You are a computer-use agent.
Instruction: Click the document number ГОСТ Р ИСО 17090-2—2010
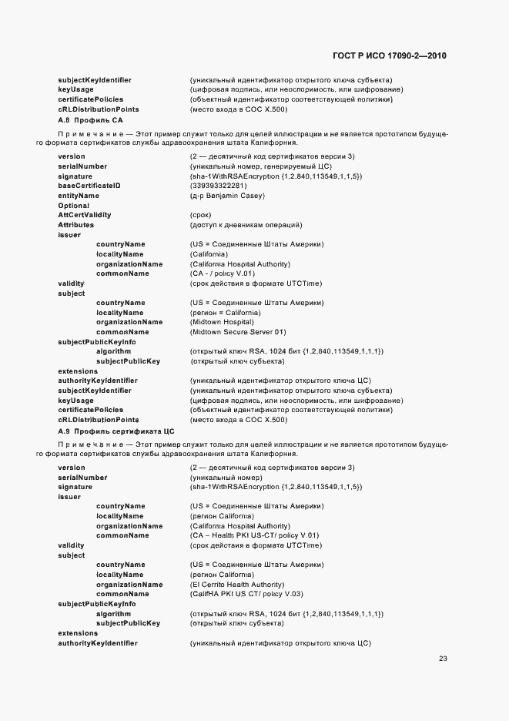tap(389, 56)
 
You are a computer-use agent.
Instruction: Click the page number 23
tap(443, 658)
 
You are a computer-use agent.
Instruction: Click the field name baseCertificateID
tap(89, 186)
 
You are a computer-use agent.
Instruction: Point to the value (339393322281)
tap(218, 186)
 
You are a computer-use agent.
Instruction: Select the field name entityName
tap(79, 196)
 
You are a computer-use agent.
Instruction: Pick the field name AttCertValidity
tap(85, 215)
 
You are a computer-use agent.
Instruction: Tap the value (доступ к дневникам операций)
tap(246, 225)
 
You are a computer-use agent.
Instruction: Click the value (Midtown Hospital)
tap(222, 322)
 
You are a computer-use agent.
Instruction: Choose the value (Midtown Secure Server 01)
tap(237, 332)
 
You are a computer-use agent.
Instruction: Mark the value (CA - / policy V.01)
tap(222, 273)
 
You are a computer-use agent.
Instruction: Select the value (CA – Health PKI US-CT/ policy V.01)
tap(254, 535)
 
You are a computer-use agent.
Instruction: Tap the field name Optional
tap(74, 206)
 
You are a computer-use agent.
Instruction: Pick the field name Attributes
tap(75, 225)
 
